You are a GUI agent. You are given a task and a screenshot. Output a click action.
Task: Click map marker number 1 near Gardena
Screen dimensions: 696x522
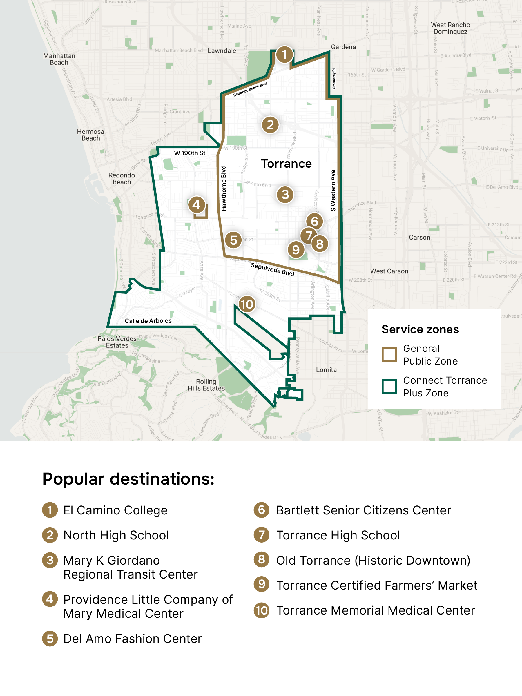(284, 55)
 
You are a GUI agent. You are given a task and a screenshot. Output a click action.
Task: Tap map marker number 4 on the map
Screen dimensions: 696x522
(196, 205)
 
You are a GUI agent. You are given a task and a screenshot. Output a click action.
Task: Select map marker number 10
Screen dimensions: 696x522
(247, 304)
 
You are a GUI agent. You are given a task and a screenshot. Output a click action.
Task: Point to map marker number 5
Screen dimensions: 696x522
(233, 240)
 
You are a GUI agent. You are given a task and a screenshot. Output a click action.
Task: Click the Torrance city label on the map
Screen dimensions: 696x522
(286, 164)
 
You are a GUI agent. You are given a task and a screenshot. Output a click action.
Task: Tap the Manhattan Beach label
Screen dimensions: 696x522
(59, 59)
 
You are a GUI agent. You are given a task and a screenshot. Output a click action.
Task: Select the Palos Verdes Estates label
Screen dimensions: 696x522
(117, 342)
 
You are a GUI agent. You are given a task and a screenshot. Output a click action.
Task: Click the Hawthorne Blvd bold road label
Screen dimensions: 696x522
(224, 188)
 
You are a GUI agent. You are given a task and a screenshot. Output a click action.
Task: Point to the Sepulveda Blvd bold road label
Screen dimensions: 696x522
(272, 269)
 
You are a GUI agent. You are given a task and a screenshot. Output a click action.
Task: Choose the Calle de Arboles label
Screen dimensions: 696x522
(148, 321)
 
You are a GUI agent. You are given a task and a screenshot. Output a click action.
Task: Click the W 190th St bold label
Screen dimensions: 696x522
(189, 153)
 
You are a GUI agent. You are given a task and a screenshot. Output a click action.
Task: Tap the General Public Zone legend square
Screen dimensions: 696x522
(389, 355)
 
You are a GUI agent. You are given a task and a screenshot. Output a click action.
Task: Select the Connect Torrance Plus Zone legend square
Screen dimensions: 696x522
(389, 386)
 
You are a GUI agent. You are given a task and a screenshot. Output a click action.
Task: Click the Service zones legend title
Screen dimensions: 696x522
(420, 329)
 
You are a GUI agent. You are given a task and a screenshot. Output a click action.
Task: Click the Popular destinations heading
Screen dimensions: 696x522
(128, 479)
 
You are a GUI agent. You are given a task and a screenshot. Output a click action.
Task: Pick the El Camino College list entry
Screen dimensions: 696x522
(115, 510)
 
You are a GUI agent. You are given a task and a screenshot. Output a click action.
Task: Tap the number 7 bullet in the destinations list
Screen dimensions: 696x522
(262, 535)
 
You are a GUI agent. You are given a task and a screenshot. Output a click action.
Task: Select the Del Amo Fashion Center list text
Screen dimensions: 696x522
(133, 639)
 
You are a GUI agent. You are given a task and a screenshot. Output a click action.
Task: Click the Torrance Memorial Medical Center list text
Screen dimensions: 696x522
(375, 610)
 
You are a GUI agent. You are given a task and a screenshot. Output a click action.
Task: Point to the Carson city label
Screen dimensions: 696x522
(419, 237)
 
